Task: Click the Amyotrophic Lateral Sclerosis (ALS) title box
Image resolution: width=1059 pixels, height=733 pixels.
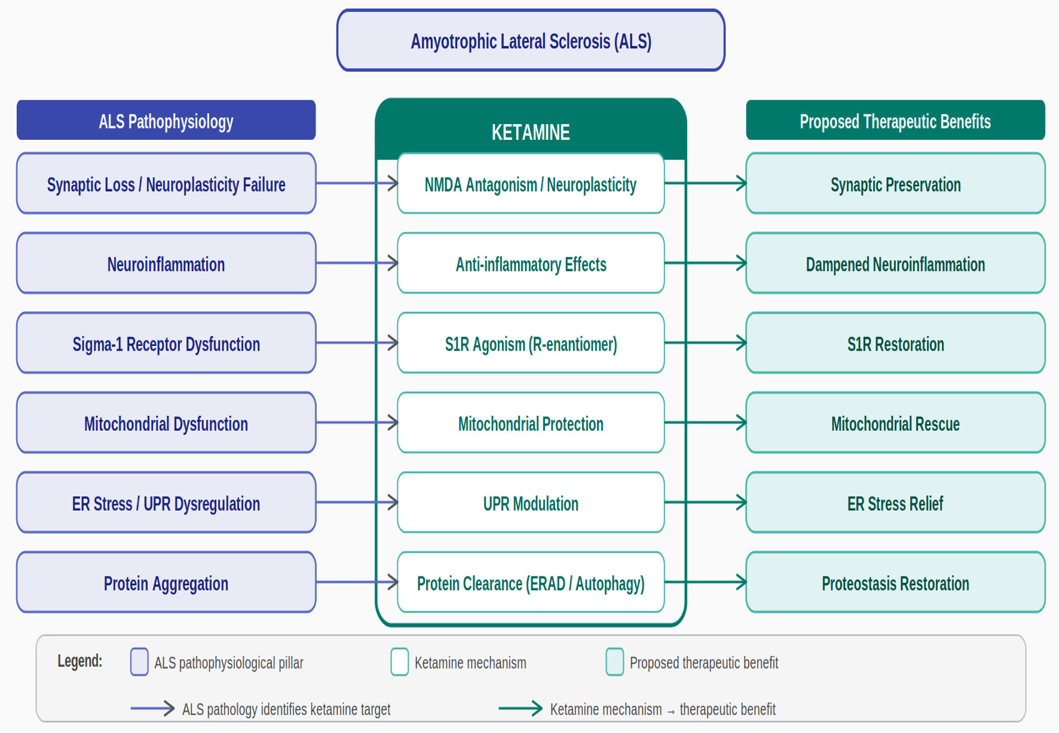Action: click(x=531, y=40)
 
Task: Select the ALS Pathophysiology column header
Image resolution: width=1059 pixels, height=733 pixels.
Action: click(x=166, y=120)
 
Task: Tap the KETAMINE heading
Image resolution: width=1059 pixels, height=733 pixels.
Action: click(x=531, y=132)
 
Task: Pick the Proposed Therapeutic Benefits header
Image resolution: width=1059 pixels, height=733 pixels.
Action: click(x=895, y=120)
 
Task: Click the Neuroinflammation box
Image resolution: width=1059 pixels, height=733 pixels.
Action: click(x=166, y=263)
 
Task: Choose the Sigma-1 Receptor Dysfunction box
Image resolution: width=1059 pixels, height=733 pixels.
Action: click(x=166, y=343)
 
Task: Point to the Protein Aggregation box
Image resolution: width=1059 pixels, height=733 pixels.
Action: click(x=166, y=582)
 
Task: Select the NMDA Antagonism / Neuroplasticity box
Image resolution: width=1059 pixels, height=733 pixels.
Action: click(x=531, y=183)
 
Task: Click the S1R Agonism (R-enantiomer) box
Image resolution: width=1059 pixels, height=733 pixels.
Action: click(x=531, y=343)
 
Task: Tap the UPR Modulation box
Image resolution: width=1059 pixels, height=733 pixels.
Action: click(x=531, y=502)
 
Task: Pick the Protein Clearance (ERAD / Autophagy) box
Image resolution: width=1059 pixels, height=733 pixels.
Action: click(x=531, y=582)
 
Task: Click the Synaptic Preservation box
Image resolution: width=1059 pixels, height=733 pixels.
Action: click(x=895, y=183)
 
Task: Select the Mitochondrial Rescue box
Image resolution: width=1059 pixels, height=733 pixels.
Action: click(x=895, y=422)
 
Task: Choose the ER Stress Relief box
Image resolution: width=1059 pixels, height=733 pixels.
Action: click(x=895, y=502)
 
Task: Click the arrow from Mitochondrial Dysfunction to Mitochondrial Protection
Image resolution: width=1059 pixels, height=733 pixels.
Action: click(x=357, y=422)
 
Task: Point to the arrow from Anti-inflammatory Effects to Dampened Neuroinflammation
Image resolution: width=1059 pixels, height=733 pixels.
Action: click(x=706, y=263)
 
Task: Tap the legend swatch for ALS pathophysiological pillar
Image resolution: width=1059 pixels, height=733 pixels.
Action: click(x=139, y=662)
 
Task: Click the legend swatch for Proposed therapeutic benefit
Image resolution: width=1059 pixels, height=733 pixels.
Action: click(x=615, y=662)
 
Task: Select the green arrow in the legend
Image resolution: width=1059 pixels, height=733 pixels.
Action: click(x=521, y=709)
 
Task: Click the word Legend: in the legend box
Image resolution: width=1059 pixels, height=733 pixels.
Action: click(x=80, y=661)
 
